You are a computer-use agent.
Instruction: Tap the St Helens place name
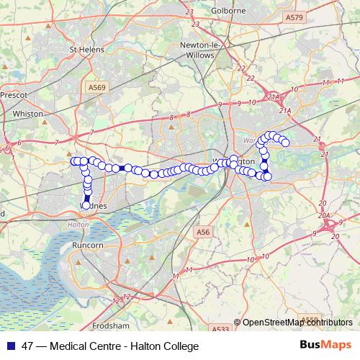coord(86,50)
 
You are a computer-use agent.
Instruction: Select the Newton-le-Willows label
coord(197,50)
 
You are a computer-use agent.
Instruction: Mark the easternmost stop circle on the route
coord(285,143)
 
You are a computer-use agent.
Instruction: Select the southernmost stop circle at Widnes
coord(86,205)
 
